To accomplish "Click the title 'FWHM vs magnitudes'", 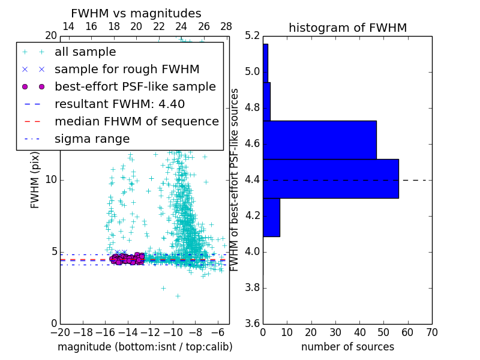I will tap(136, 13).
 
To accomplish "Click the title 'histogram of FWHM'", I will tap(347, 28).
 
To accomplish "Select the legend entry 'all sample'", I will tap(85, 52).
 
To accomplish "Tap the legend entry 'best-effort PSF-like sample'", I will tap(135, 86).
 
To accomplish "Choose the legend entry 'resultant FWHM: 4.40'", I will tap(119, 104).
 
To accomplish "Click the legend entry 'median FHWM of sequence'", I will tap(136, 121).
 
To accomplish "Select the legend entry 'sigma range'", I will tap(92, 139).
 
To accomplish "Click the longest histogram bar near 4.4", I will tap(331, 178).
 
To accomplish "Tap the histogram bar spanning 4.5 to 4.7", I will tap(320, 140).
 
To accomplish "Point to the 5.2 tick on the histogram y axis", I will tap(252, 36).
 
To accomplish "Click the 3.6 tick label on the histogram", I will tap(252, 323).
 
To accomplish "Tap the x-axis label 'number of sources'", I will tap(347, 347).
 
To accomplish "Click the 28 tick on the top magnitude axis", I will tap(226, 26).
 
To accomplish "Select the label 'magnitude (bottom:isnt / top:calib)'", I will tap(145, 347).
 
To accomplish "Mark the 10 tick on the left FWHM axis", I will tap(50, 180).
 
